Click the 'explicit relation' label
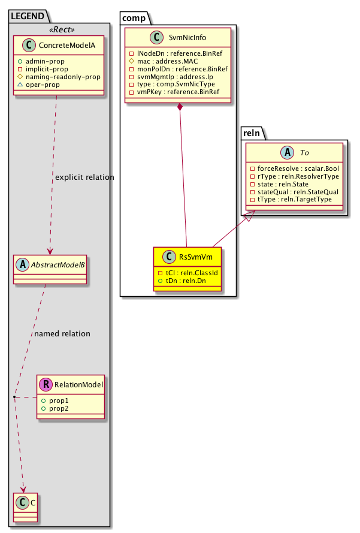(x=84, y=177)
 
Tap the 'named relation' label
(x=62, y=333)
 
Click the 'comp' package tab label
(x=134, y=17)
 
